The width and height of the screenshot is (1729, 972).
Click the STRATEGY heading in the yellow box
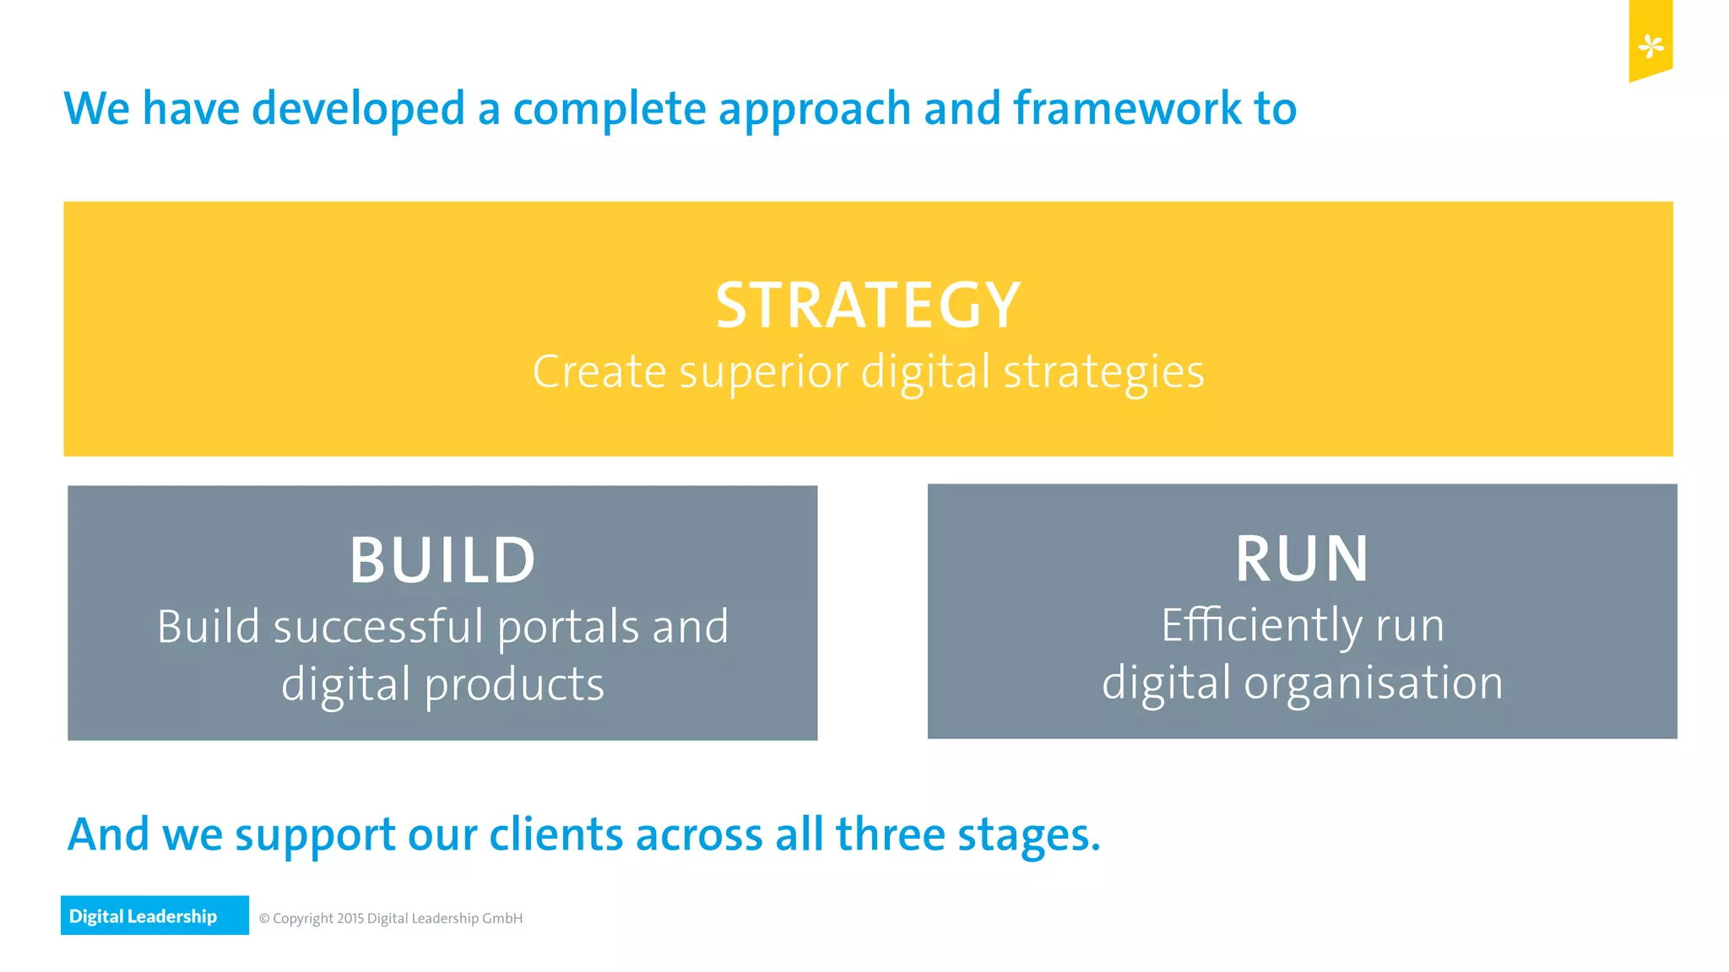pyautogui.click(x=868, y=305)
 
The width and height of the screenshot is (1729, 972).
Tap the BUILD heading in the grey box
pyautogui.click(x=442, y=560)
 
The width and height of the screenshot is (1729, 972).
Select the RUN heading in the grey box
pyautogui.click(x=1302, y=559)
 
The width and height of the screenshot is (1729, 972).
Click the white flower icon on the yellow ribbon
pyautogui.click(x=1650, y=46)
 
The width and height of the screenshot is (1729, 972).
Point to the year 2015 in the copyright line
pyautogui.click(x=350, y=918)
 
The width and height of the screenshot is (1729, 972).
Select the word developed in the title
pyautogui.click(x=359, y=110)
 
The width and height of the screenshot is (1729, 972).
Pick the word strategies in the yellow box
pyautogui.click(x=1103, y=372)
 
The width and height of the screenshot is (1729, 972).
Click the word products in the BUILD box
pyautogui.click(x=514, y=684)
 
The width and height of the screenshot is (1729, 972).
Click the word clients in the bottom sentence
pyautogui.click(x=556, y=834)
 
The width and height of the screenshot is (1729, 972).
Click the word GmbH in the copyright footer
pyautogui.click(x=502, y=918)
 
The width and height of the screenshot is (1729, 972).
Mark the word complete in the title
pyautogui.click(x=609, y=110)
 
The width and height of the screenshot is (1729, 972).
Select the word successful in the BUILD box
pyautogui.click(x=378, y=628)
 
